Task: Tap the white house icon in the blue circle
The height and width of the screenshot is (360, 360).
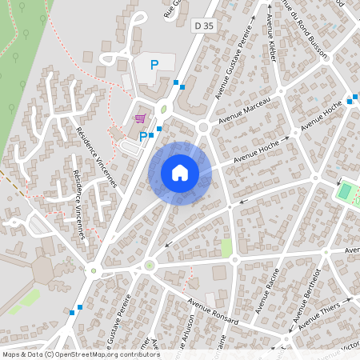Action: (x=180, y=173)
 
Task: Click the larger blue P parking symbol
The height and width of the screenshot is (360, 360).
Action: (x=154, y=65)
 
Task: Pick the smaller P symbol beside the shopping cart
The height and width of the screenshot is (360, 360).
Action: (x=143, y=136)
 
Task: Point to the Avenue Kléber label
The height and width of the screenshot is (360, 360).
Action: (x=273, y=39)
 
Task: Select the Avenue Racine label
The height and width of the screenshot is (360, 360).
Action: (x=266, y=291)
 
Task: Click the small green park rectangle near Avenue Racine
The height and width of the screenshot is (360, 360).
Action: (x=226, y=247)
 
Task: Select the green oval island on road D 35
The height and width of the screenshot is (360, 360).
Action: (x=164, y=108)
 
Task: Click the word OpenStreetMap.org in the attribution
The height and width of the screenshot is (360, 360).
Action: (x=86, y=354)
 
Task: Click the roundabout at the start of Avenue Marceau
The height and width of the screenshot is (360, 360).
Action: (x=203, y=126)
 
